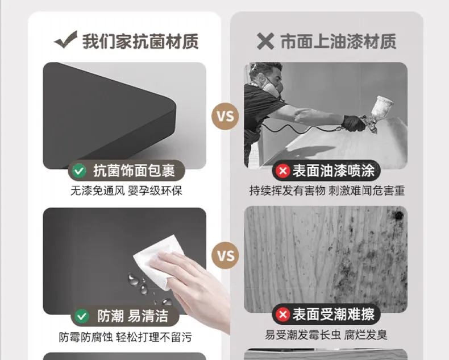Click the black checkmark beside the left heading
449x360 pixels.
point(66,40)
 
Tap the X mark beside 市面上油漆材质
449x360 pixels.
point(265,41)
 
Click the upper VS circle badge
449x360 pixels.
point(225,116)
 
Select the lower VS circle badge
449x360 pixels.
point(225,255)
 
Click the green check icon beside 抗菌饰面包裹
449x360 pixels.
point(79,171)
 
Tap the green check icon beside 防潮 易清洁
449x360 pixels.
point(82,316)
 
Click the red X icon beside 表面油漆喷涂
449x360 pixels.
point(283,171)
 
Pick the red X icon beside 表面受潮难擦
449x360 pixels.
point(283,315)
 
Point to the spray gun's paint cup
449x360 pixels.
point(383,106)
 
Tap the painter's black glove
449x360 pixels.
point(354,123)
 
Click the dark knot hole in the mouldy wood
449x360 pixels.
point(398,215)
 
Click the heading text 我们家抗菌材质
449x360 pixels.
point(140,42)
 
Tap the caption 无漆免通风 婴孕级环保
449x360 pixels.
point(126,191)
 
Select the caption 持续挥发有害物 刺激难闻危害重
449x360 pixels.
point(327,191)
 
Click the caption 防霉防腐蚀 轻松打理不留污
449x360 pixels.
point(125,337)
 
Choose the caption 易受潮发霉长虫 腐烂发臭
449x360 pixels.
point(326,335)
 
